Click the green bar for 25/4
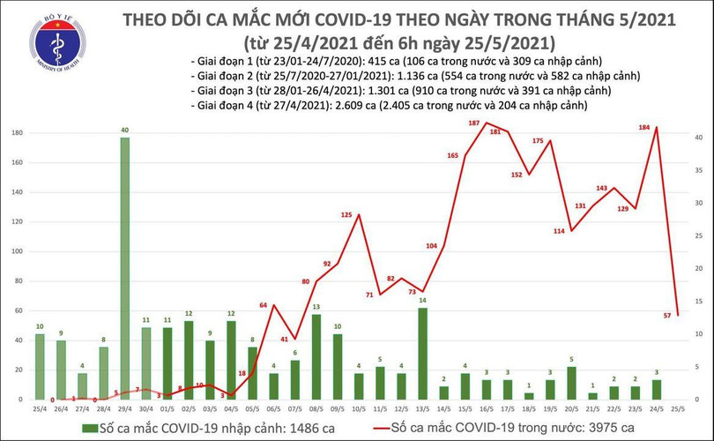point(40,366)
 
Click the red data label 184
point(643,129)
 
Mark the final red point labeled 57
point(677,315)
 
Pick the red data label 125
point(346,215)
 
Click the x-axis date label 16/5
point(486,410)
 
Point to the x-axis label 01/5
point(167,410)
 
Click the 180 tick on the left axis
point(16,132)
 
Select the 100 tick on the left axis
point(16,251)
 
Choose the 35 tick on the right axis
point(697,170)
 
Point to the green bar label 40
point(124,131)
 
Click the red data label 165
point(453,156)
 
